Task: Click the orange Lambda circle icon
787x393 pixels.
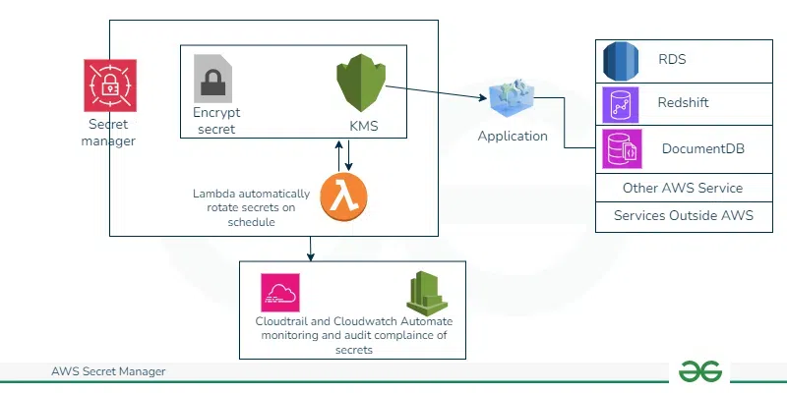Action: pos(342,197)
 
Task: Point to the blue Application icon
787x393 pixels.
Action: pos(513,99)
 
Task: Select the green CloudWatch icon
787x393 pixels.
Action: pos(427,292)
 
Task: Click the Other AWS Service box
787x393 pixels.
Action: pos(682,188)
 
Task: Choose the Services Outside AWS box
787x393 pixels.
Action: pos(682,215)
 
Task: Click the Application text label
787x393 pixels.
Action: pos(513,137)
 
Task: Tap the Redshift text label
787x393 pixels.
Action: pos(683,102)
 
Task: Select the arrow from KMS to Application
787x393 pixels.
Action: pos(438,92)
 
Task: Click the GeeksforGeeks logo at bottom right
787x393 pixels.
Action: pos(700,371)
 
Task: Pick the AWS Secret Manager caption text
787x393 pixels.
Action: pos(108,371)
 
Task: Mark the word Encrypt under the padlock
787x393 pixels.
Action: pos(216,112)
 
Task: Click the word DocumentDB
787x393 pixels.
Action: pos(702,149)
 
